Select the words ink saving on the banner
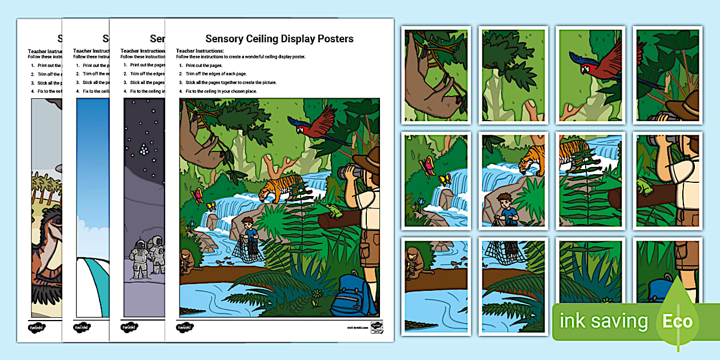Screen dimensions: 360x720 603,321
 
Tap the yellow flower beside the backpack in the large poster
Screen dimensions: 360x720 316,295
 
